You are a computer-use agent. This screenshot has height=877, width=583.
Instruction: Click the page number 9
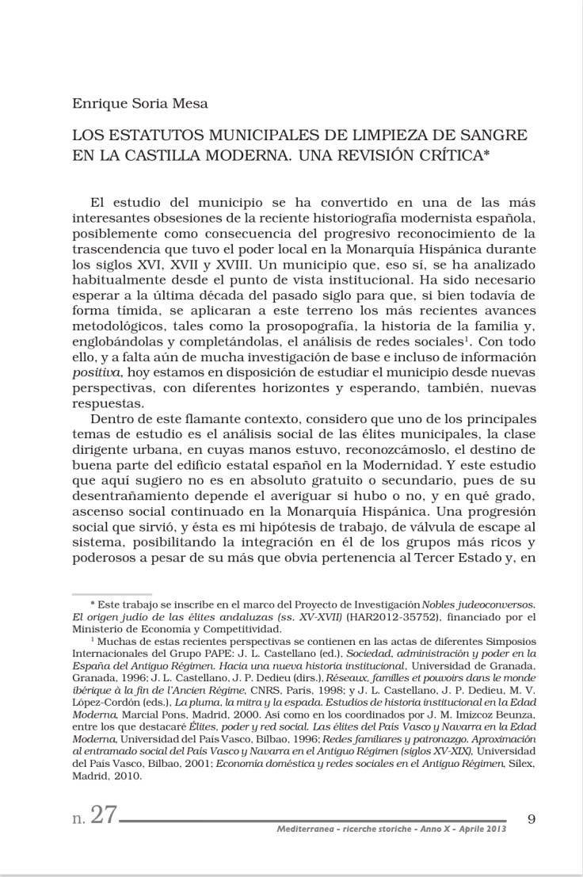pyautogui.click(x=532, y=818)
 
